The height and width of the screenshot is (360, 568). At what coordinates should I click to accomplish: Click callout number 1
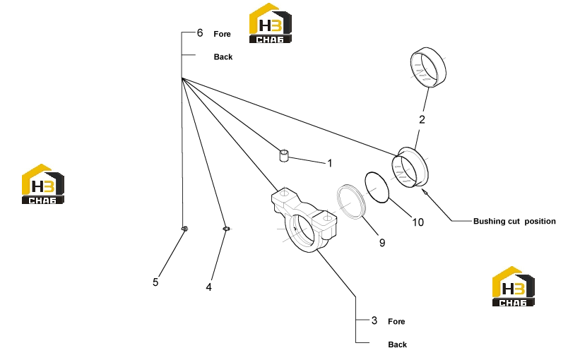330,163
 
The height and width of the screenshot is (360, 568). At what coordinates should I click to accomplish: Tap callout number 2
422,120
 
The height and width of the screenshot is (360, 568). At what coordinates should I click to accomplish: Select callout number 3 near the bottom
374,320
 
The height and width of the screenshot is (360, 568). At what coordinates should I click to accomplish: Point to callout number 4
208,287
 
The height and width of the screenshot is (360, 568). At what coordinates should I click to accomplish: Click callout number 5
155,282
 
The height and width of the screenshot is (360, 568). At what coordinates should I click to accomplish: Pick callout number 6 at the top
200,33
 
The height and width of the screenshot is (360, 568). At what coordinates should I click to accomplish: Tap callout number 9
382,243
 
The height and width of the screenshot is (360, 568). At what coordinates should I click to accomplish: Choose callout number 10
418,222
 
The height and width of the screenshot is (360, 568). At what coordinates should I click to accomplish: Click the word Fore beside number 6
222,34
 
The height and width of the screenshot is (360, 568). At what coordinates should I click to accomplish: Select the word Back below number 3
397,344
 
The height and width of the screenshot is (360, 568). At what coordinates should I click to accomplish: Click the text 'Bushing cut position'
514,221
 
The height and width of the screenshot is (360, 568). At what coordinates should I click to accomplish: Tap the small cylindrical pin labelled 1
284,156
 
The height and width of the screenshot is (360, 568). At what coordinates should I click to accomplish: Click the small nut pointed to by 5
184,229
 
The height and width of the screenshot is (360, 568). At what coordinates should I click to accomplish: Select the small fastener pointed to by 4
226,229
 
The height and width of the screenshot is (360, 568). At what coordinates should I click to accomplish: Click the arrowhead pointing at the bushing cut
425,191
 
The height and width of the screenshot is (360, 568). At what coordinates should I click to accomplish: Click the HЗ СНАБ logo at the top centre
271,23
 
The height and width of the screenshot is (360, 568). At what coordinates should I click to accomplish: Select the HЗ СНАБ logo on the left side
43,184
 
